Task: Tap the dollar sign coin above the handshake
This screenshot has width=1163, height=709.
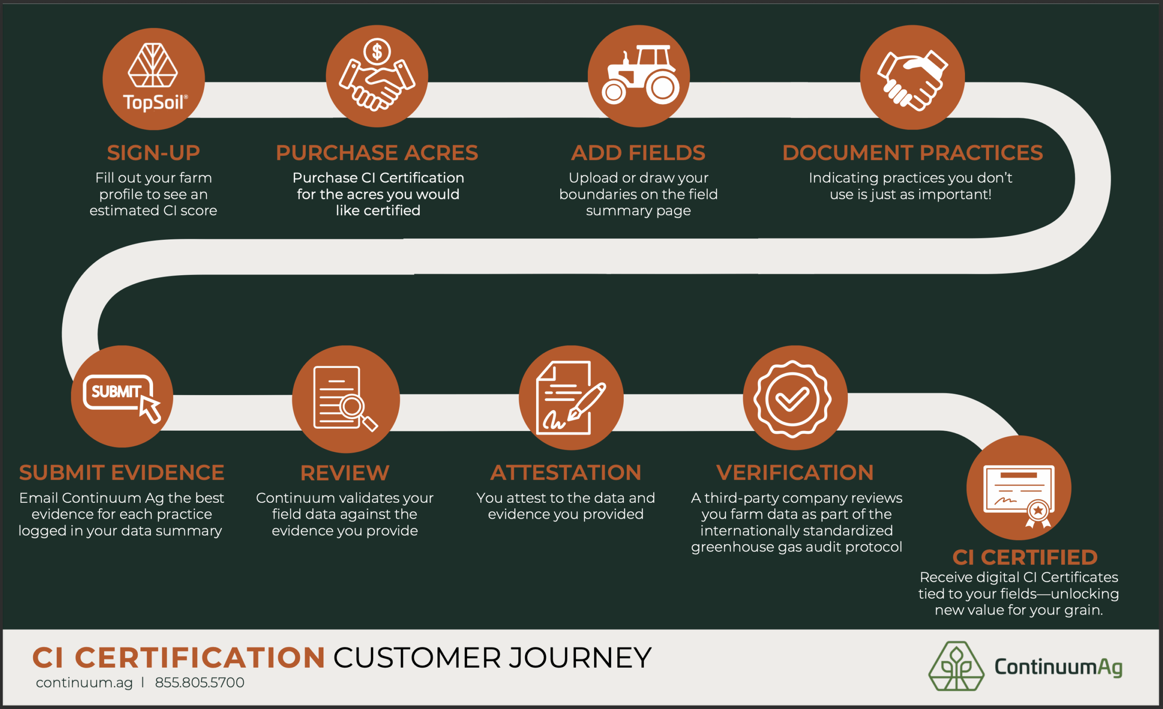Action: click(x=377, y=51)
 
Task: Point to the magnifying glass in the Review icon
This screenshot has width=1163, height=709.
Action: click(x=352, y=406)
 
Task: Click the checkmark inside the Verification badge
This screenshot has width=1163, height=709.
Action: click(x=792, y=399)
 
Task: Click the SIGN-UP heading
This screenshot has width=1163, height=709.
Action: click(x=154, y=153)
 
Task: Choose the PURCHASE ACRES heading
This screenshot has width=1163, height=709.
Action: click(x=377, y=153)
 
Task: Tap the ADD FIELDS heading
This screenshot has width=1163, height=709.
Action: click(x=638, y=153)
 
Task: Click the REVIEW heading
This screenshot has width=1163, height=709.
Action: click(x=344, y=473)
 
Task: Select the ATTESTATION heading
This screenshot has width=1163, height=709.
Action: click(x=566, y=472)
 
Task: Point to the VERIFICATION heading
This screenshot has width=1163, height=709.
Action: click(x=795, y=472)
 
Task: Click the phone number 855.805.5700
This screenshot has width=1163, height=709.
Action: click(x=199, y=683)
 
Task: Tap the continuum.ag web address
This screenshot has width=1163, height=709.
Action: click(x=84, y=683)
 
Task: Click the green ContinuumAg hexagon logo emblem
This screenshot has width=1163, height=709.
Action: click(x=956, y=666)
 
